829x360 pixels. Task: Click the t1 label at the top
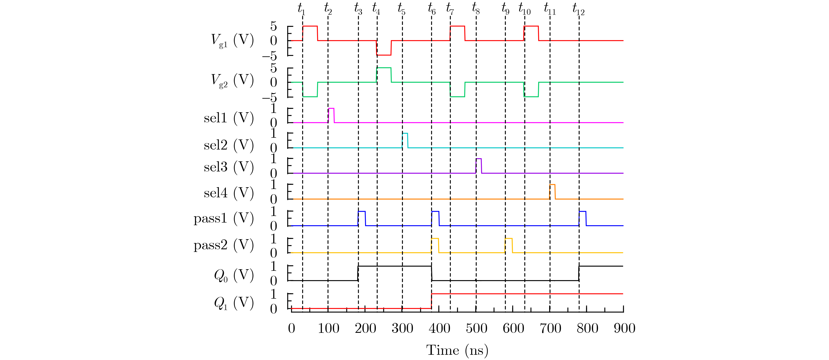[301, 9]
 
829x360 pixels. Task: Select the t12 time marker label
[578, 9]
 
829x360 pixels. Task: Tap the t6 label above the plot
[432, 9]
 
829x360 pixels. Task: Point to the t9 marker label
[505, 9]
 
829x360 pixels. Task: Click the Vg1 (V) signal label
[232, 41]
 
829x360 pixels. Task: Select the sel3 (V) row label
[229, 167]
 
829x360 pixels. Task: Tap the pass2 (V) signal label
[223, 245]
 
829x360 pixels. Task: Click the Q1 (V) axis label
[234, 302]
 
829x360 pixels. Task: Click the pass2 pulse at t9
[508, 245]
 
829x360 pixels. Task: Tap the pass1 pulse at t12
[582, 218]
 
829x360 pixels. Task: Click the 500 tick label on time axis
[476, 328]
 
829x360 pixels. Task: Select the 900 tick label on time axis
[624, 328]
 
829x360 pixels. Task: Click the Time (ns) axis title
[457, 350]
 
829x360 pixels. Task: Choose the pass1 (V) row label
[223, 218]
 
